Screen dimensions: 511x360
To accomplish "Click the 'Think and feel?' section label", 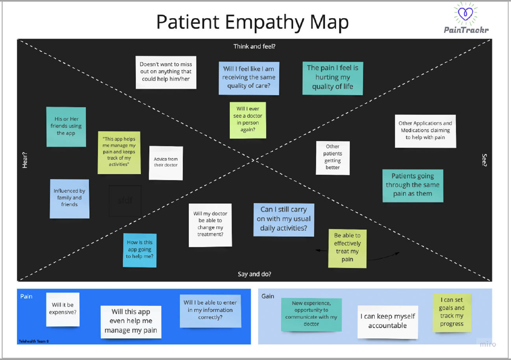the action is coord(254,46).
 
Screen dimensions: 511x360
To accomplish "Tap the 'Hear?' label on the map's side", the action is coord(25,160).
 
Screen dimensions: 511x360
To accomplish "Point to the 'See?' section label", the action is coord(484,160).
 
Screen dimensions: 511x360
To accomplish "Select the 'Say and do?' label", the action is coord(254,274).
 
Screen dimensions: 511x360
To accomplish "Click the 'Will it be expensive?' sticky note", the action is coord(63,309).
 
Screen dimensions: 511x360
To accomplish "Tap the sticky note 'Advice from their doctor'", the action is coord(166,163).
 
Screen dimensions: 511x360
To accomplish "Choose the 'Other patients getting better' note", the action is coord(333,158).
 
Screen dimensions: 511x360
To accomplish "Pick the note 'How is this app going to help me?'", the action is coord(140,250).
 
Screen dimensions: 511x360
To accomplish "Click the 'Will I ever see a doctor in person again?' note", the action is coord(248,120).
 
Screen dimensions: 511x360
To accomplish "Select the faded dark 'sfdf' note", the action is coord(125,200).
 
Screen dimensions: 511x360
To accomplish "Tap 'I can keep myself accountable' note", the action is coord(388,322).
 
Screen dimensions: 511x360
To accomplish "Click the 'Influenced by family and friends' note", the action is coord(69,199).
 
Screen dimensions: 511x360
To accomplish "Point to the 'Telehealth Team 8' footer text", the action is coord(33,341).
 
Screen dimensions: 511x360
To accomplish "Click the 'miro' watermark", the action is coord(488,344).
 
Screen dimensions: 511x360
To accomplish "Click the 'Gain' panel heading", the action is coord(268,296).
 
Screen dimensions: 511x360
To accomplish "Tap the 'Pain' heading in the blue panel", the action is coord(26,296).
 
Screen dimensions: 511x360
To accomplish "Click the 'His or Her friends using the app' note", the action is coord(66,127).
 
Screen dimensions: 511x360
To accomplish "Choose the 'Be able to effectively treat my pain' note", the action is coord(347,249).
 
